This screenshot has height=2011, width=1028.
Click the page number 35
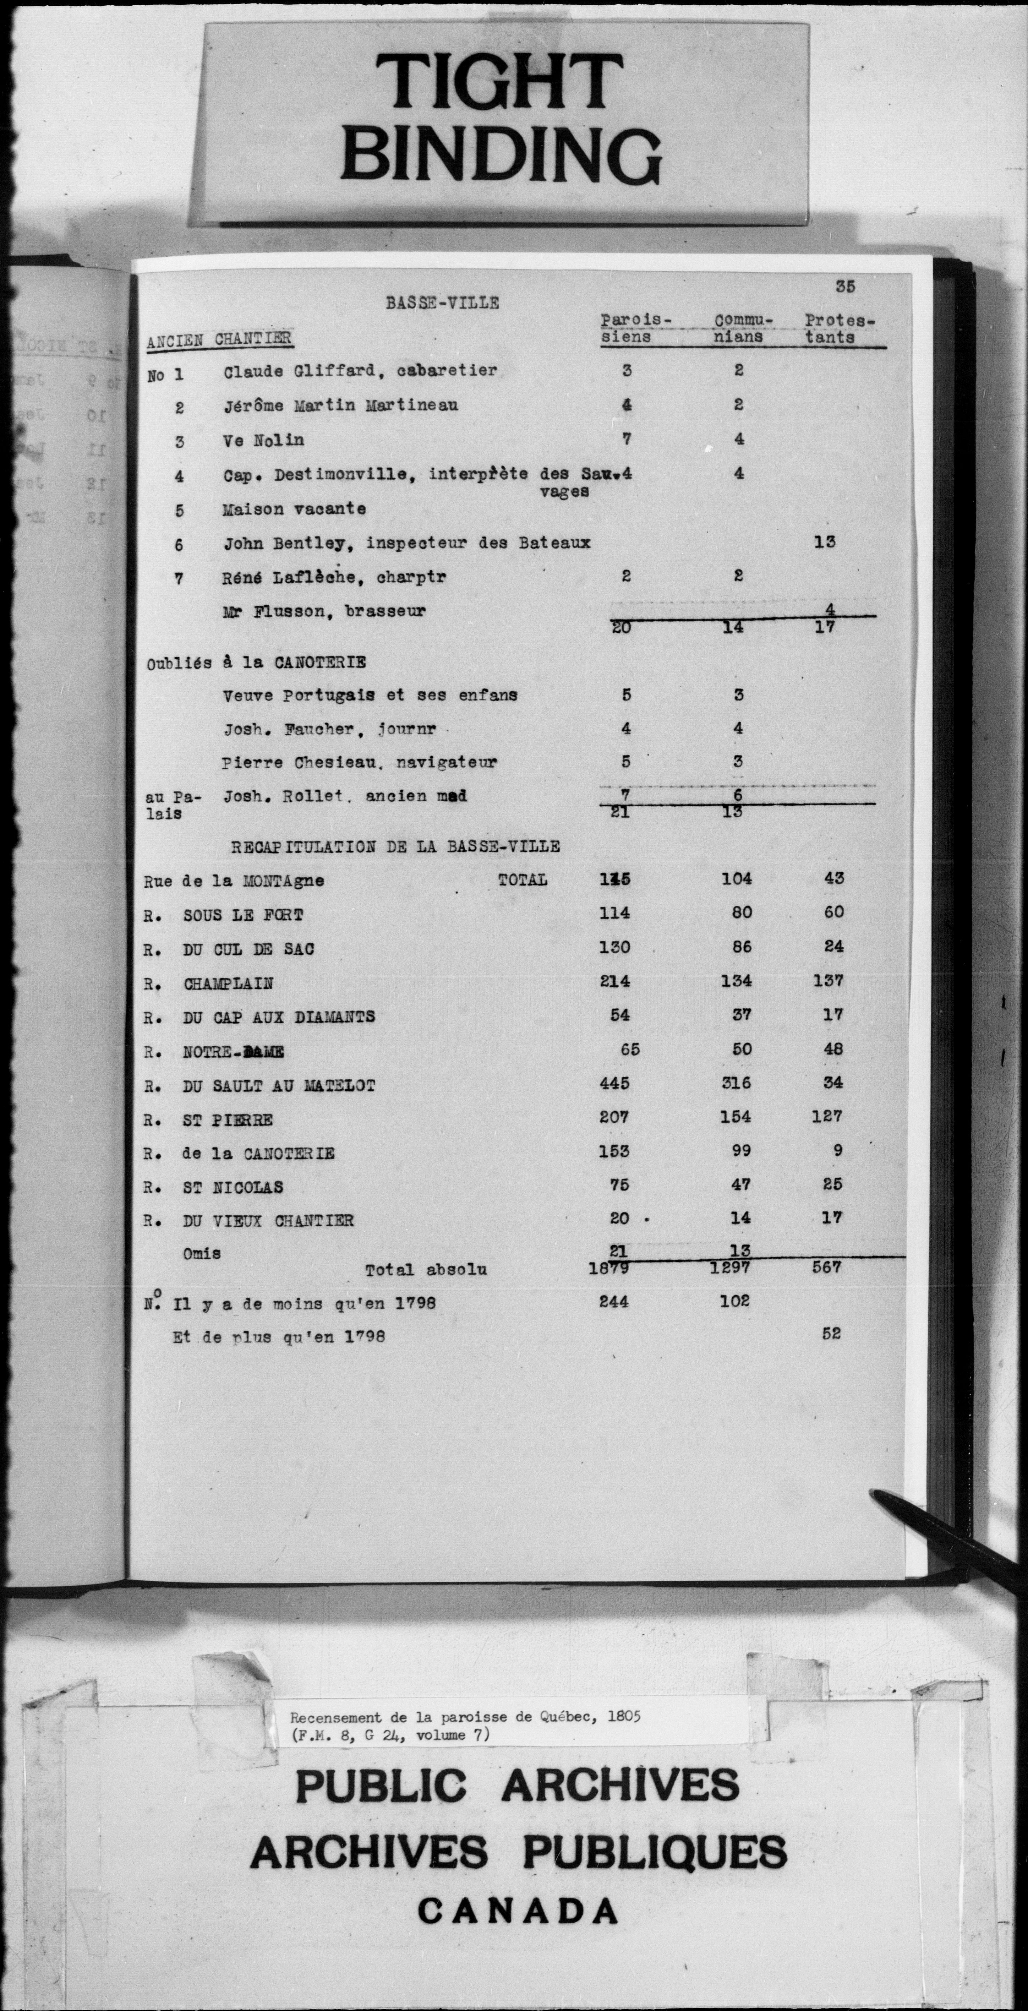[x=844, y=287]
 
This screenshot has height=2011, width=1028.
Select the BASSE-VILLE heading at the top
[x=442, y=303]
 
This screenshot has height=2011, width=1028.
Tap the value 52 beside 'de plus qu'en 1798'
[x=831, y=1333]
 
